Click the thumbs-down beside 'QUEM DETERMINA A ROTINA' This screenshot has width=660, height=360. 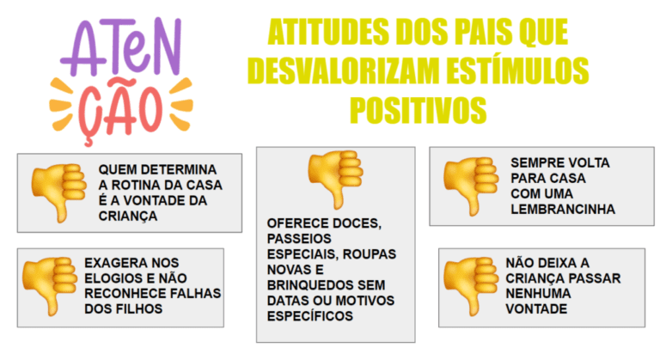point(58,191)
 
